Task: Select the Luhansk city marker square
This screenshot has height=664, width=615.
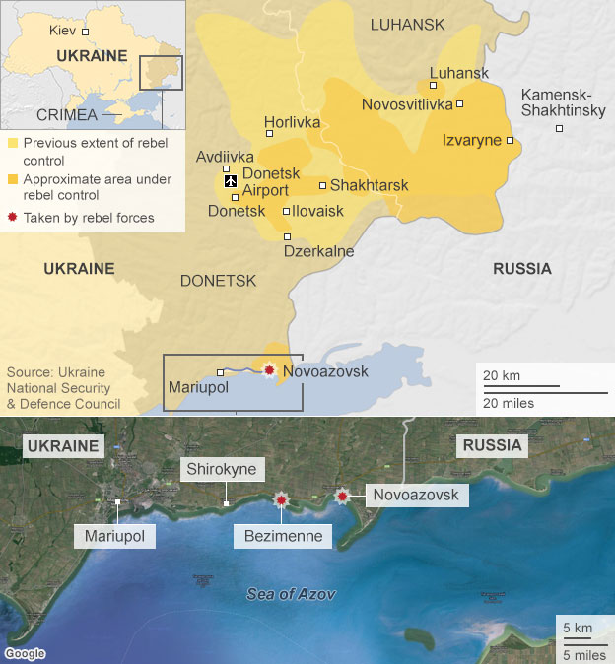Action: click(434, 86)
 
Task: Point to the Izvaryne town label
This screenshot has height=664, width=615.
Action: click(472, 140)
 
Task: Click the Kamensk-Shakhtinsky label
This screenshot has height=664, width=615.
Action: click(563, 102)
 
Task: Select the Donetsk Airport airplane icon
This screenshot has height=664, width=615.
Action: click(230, 180)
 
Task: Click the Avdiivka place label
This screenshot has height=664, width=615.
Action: click(225, 157)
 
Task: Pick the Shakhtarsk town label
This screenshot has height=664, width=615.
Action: click(369, 185)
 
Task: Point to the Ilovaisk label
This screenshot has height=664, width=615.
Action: click(318, 211)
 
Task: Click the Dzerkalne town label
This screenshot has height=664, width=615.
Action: click(318, 251)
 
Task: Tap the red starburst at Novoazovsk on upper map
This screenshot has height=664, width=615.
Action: click(269, 370)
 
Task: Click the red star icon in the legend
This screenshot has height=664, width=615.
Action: click(12, 217)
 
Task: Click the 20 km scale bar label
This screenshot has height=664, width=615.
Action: click(502, 376)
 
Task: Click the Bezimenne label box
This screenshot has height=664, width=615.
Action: click(283, 536)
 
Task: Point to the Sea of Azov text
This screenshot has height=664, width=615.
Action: click(291, 594)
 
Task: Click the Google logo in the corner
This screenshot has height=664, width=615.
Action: click(25, 653)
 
